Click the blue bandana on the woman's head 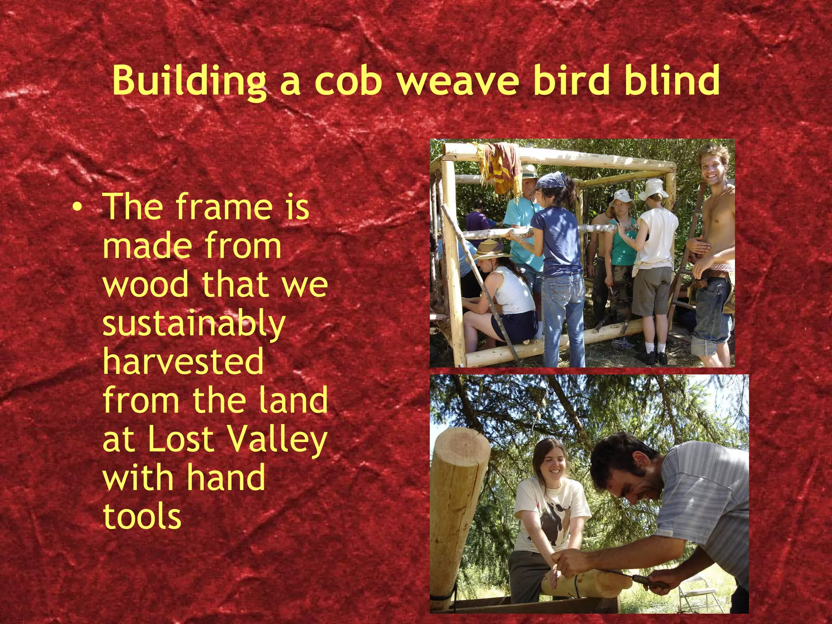551,180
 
